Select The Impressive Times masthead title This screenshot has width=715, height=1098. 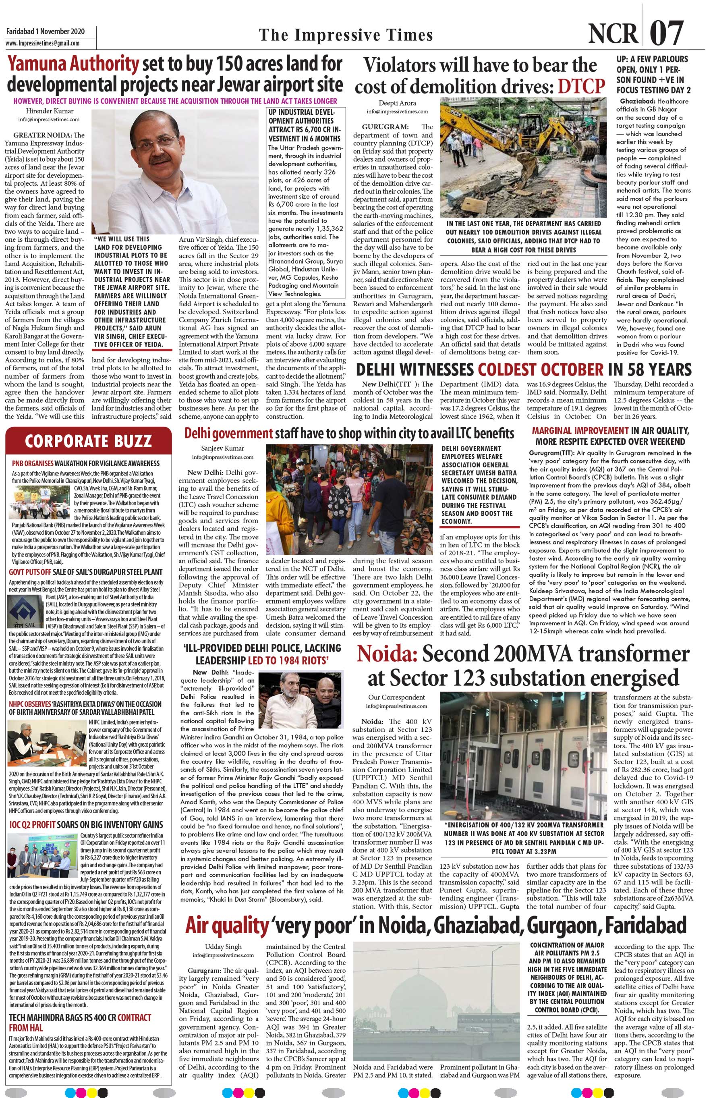346,35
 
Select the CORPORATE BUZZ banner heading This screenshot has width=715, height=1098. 88,441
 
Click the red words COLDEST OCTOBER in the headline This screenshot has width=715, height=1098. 540,369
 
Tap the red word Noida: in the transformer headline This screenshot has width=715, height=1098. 387,655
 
